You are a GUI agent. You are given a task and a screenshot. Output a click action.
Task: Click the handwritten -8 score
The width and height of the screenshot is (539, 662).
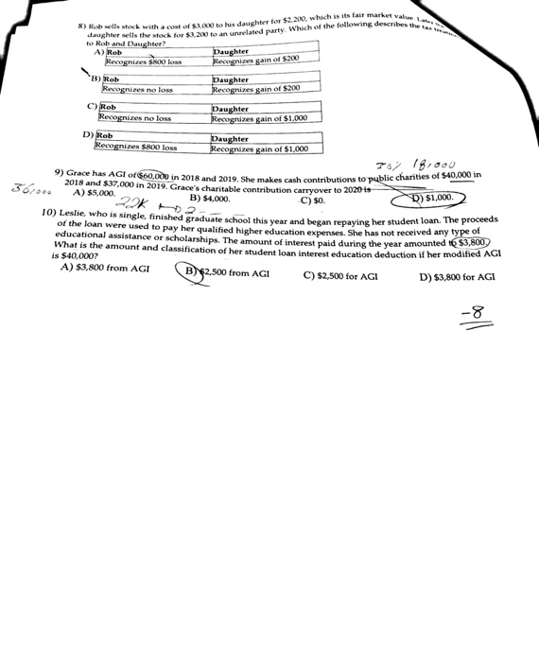[477, 315]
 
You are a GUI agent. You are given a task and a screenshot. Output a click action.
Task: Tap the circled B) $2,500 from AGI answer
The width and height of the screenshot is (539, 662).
[226, 272]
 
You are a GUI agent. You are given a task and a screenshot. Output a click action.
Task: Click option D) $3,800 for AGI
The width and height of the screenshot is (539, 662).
[457, 277]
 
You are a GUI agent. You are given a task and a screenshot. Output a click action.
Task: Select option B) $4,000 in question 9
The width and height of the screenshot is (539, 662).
[210, 199]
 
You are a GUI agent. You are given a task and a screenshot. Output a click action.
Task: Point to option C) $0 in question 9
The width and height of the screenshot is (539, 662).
[312, 200]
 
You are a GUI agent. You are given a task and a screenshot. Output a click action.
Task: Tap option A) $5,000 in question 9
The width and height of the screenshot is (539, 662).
[93, 192]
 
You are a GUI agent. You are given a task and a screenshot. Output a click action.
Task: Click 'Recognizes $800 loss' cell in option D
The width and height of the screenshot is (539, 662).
[135, 148]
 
